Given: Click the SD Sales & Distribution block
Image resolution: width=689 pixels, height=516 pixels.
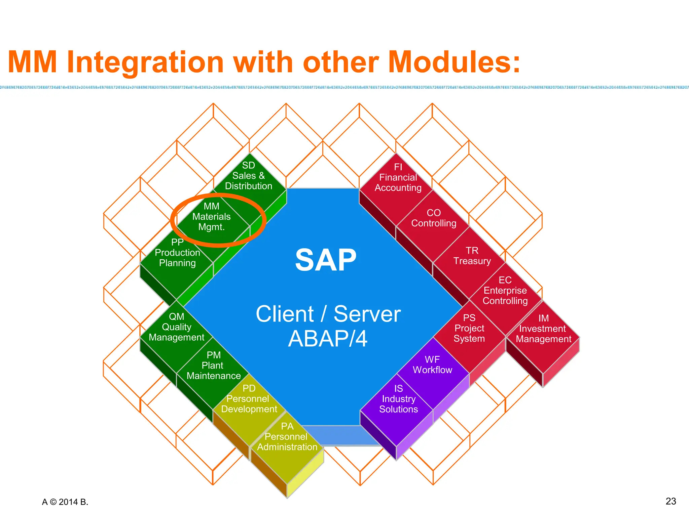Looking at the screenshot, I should pyautogui.click(x=249, y=176).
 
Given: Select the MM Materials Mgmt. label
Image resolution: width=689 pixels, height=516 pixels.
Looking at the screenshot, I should pyautogui.click(x=211, y=217).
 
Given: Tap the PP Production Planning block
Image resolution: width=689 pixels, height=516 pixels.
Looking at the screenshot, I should pyautogui.click(x=177, y=253).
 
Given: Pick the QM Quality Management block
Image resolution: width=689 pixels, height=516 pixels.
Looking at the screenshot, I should pyautogui.click(x=176, y=327).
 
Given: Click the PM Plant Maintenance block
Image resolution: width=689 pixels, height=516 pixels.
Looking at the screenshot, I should pyautogui.click(x=214, y=366).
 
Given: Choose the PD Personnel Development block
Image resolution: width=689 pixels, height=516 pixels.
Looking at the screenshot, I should pyautogui.click(x=249, y=399).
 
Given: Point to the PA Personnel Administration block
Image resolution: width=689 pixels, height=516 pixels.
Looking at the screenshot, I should pyautogui.click(x=287, y=437).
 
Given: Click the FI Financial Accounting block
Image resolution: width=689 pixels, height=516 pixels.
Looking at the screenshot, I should pyautogui.click(x=398, y=178).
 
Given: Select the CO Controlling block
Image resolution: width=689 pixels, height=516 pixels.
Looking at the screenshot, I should pyautogui.click(x=434, y=218).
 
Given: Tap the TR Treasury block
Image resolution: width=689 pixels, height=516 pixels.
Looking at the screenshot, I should pyautogui.click(x=472, y=256).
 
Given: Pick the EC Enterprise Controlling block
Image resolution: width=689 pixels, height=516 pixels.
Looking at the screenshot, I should pyautogui.click(x=505, y=291).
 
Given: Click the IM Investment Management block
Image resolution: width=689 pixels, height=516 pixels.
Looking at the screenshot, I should pyautogui.click(x=543, y=329).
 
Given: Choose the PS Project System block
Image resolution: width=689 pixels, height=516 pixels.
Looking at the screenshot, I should pyautogui.click(x=469, y=329).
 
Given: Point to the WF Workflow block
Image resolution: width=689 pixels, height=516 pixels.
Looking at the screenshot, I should pyautogui.click(x=432, y=365).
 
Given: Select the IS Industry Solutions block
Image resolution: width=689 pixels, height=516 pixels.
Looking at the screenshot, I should pyautogui.click(x=398, y=399).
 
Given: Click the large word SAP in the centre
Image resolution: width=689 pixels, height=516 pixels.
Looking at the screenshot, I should pyautogui.click(x=326, y=260).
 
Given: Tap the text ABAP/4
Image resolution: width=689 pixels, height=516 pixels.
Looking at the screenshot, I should pyautogui.click(x=328, y=339).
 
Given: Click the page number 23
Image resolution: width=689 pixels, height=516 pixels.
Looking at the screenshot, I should pyautogui.click(x=670, y=501).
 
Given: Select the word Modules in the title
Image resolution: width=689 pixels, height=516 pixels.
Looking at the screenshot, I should pyautogui.click(x=454, y=62).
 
